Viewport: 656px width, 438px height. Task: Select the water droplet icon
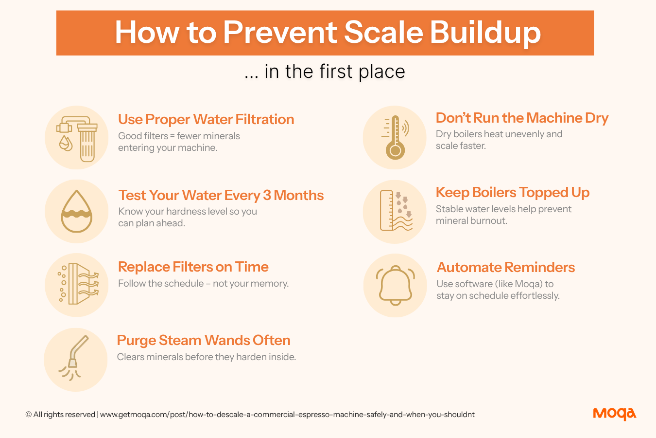pos(77,211)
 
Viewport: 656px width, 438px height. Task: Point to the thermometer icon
pos(395,137)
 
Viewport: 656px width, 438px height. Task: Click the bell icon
pos(396,285)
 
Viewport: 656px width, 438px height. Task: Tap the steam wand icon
pos(74,358)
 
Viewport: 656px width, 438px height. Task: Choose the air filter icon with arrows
pos(78,284)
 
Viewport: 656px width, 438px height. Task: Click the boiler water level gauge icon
pos(396,210)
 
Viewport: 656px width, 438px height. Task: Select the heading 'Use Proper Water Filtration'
pos(206,119)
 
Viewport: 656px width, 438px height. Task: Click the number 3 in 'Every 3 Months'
pos(266,195)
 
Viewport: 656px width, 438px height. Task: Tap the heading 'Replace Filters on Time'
pos(193,267)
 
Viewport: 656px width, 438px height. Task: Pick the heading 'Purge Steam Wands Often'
pos(204,340)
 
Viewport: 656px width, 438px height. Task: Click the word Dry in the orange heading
pos(597,118)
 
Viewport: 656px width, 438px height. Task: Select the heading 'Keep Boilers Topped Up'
pos(513,193)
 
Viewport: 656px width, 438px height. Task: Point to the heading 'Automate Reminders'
pos(506,267)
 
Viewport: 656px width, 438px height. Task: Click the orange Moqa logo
pos(614,414)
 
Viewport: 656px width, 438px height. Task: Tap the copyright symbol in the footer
pos(28,414)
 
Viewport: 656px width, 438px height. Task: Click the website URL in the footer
pos(287,415)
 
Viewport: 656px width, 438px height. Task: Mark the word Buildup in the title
pos(485,33)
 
